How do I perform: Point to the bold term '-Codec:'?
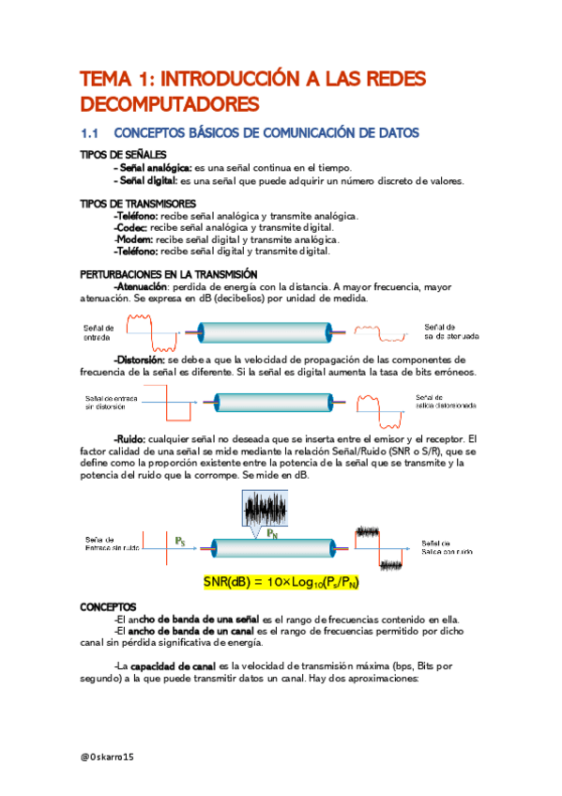(x=129, y=227)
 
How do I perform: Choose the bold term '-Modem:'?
(x=133, y=239)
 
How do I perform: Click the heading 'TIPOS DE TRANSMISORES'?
(x=138, y=204)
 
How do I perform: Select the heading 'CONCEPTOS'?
(x=109, y=607)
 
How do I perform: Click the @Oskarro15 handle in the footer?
(x=108, y=756)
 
